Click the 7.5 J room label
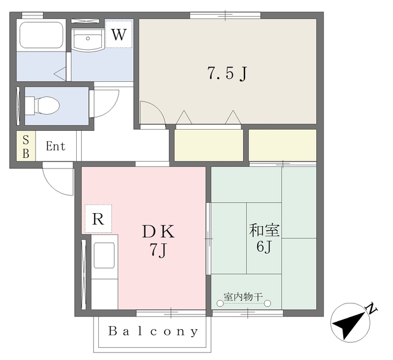227,74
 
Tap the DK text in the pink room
159,232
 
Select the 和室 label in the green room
265,232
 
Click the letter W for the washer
119,34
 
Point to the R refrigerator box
98,219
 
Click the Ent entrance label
55,147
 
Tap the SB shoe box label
26,147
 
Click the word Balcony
154,332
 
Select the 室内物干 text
243,297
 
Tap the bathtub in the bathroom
41,35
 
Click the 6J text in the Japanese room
265,248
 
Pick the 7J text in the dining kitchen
159,250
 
